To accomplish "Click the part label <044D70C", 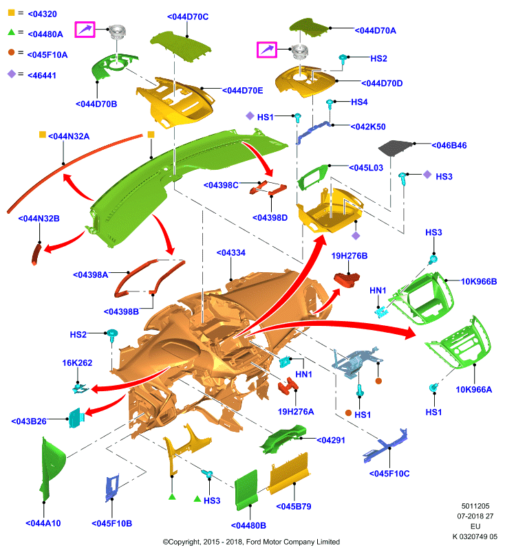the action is coord(188,16).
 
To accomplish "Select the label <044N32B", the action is coord(39,219).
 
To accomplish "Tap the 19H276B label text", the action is coord(350,256).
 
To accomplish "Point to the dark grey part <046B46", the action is coord(395,146).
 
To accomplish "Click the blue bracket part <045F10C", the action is coord(386,445).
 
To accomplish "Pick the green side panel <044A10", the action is coord(51,467).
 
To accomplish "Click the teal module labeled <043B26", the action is coord(76,417).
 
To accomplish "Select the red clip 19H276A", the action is coord(288,386).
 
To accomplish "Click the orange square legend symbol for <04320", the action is coord(12,12).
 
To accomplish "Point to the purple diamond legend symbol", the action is coord(12,74).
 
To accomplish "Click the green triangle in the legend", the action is coord(11,32).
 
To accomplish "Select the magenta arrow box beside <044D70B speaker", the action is coord(85,29).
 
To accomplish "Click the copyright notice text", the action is coord(251,542).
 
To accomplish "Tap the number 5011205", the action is coord(475,506).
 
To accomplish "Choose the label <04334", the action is coord(231,252).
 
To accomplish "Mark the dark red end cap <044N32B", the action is coord(36,254).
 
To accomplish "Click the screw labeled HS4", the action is coord(330,103).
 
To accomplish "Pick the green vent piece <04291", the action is coord(283,439).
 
